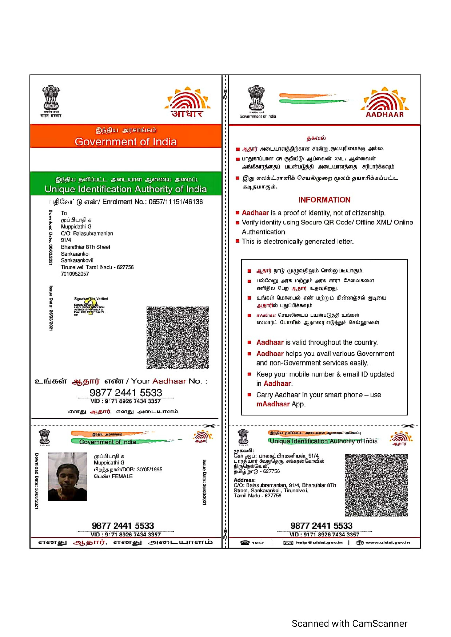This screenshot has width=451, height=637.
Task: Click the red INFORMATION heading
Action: click(324, 200)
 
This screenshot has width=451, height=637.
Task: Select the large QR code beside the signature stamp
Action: click(177, 337)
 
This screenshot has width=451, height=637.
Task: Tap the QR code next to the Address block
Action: click(376, 485)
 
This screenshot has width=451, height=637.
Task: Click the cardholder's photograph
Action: click(68, 476)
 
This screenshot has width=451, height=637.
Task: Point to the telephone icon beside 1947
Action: click(245, 543)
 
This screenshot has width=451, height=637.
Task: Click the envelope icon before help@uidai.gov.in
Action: click(288, 543)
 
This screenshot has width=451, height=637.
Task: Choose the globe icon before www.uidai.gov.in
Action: click(359, 543)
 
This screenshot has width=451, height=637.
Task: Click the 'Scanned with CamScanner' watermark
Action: click(349, 624)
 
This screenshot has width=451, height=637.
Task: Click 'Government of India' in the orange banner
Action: click(125, 142)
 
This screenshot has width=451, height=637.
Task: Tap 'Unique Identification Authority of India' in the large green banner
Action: click(125, 189)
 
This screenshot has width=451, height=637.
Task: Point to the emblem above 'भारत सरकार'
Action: click(51, 98)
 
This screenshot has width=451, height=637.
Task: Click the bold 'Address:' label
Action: click(244, 480)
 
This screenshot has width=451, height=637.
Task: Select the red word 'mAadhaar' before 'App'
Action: click(273, 404)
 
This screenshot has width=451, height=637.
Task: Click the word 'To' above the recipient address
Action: click(64, 213)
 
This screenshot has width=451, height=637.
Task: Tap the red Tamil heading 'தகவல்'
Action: click(316, 138)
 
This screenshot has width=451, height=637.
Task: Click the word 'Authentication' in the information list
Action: click(264, 232)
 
